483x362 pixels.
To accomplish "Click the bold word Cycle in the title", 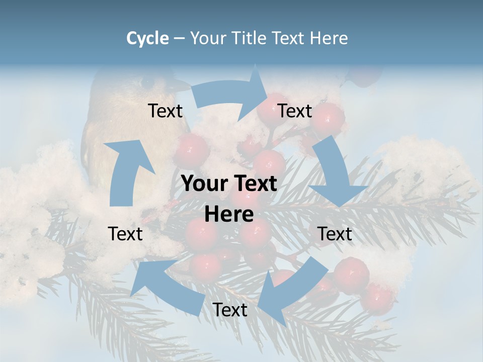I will (147, 38).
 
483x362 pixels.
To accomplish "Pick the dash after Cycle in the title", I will (179, 39).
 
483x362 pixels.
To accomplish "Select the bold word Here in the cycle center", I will (229, 214).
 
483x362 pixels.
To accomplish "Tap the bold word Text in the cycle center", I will (254, 184).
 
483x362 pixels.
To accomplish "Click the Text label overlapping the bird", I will (165, 111).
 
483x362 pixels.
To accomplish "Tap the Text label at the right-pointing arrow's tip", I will (295, 111).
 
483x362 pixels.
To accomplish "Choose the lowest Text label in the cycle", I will (230, 310).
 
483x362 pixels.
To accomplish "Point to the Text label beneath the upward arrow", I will (125, 234).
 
